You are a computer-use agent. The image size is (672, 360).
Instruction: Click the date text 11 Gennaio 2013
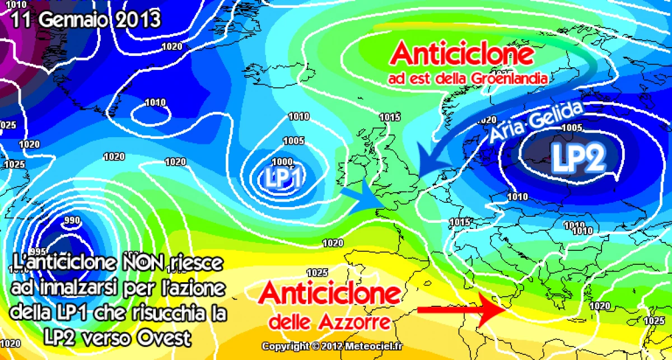click(x=86, y=20)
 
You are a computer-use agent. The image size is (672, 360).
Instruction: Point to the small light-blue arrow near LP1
click(x=357, y=196)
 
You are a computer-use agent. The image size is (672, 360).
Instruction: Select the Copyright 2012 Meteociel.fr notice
click(x=332, y=345)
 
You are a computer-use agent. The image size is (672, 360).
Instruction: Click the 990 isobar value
click(x=72, y=220)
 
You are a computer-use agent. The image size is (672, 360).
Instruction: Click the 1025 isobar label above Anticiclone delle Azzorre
click(x=318, y=273)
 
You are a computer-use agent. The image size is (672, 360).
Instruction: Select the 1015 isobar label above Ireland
click(x=390, y=117)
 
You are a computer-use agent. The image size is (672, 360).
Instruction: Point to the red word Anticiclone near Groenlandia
click(x=462, y=54)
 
